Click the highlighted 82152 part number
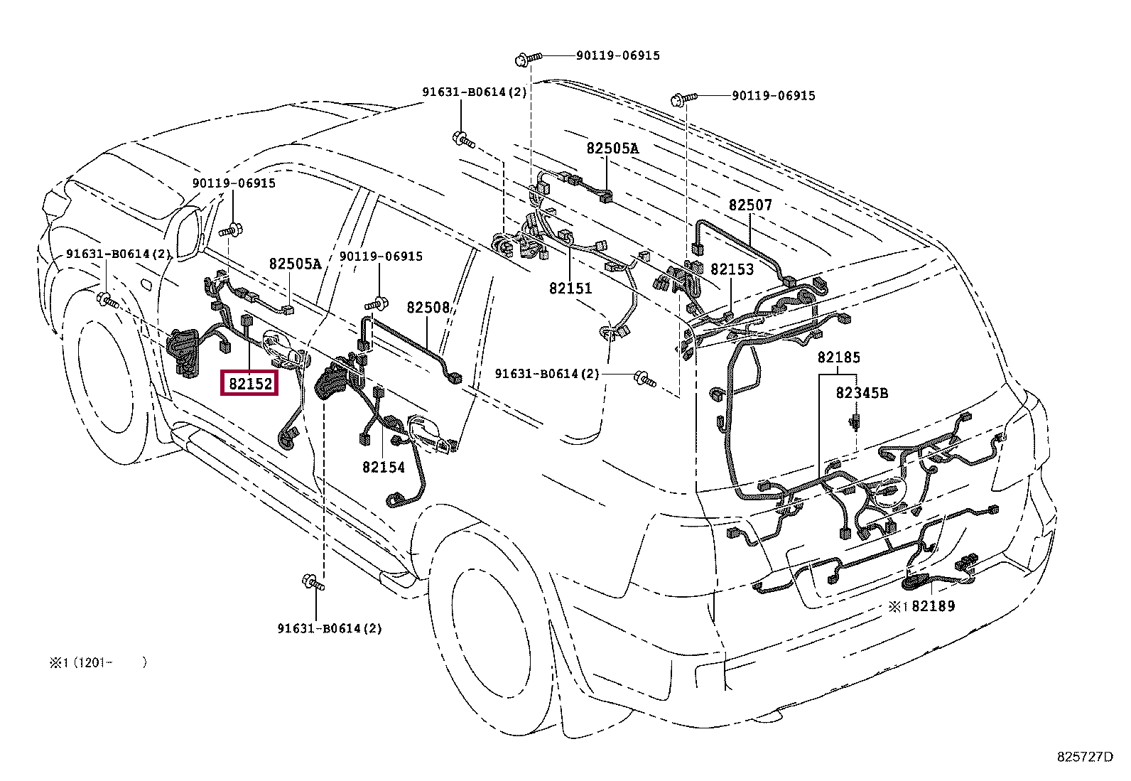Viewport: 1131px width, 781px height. click(x=250, y=384)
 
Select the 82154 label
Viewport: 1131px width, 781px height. click(x=383, y=468)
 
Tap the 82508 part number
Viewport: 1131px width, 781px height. click(x=428, y=308)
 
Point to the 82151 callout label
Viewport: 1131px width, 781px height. click(x=570, y=289)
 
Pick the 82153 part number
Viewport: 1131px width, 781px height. click(x=732, y=270)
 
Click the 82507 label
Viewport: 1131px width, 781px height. click(x=750, y=205)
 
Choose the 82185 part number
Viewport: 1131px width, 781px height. click(x=838, y=357)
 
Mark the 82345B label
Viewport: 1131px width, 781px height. click(x=861, y=393)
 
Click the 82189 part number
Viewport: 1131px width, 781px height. click(x=934, y=606)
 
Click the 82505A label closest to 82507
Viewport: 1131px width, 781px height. click(x=612, y=149)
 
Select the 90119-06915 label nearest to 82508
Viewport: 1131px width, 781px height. click(x=381, y=256)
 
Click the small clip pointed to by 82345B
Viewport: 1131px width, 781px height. click(x=855, y=423)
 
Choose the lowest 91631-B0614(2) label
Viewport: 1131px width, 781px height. click(x=330, y=628)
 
